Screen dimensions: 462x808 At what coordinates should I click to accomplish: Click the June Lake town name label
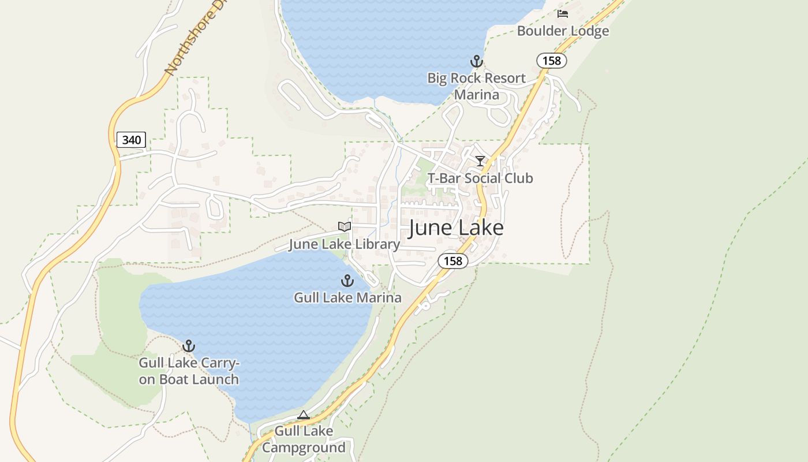[456, 228]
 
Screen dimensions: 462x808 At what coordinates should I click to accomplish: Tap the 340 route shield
[131, 140]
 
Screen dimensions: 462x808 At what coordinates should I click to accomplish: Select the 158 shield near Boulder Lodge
[551, 60]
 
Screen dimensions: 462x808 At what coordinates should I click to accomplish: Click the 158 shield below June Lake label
[453, 261]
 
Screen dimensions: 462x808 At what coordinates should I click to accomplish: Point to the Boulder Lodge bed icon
[563, 14]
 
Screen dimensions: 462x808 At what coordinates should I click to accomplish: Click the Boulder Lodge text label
[563, 31]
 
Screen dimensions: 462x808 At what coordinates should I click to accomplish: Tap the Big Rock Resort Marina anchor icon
[476, 61]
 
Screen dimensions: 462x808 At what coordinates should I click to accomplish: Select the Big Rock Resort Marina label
[476, 85]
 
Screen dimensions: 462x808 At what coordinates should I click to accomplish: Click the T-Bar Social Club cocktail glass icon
[480, 161]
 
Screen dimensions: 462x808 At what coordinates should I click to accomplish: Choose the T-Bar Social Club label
[480, 178]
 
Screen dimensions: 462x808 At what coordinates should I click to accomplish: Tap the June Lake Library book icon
[344, 227]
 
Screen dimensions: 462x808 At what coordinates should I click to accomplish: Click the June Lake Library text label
[344, 244]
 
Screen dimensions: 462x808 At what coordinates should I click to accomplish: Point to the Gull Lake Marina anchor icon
[347, 281]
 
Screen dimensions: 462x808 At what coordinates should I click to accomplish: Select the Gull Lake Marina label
[347, 298]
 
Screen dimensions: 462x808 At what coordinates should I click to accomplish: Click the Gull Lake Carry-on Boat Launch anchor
[188, 346]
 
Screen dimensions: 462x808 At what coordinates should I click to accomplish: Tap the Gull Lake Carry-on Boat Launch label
[189, 371]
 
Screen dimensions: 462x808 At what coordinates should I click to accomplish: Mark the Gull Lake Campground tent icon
[304, 415]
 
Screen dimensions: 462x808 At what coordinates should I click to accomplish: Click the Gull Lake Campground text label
[304, 439]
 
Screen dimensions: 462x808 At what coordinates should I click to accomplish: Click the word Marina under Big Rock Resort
[476, 94]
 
